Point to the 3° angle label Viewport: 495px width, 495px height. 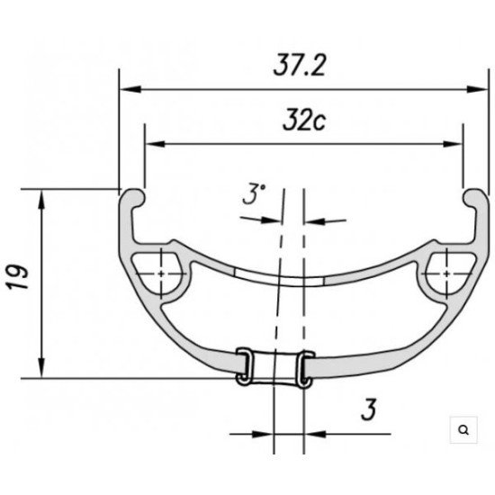(255, 194)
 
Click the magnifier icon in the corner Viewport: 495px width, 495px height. (463, 430)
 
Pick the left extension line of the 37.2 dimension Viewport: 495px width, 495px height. (120, 126)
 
